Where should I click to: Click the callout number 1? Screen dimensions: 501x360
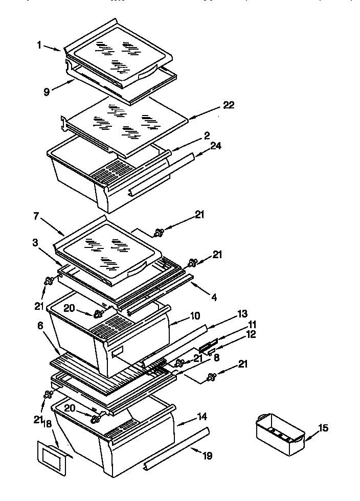39,44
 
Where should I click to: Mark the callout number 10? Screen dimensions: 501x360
195,316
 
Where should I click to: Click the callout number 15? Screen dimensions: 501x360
323,428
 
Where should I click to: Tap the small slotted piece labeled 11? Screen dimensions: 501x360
208,347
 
